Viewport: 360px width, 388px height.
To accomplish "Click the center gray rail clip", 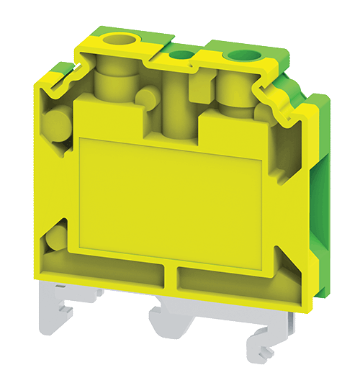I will point(173,320).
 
